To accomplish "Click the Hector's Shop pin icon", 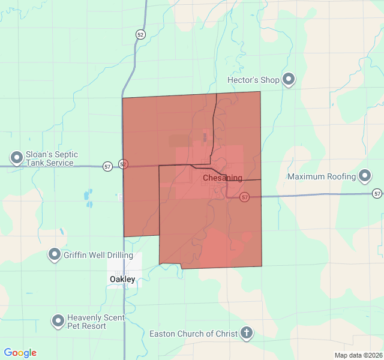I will [289, 79].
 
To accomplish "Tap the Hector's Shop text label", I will [254, 80].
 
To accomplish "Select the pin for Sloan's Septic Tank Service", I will [17, 158].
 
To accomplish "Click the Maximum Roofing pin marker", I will [365, 176].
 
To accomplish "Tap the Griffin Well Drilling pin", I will [55, 255].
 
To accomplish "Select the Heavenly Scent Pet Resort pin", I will [58, 321].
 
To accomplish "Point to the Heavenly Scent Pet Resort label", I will [95, 322].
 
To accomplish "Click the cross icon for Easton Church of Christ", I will [246, 334].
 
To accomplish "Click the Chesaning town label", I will [223, 178].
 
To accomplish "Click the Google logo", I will [20, 353].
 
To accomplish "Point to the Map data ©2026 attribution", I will [358, 355].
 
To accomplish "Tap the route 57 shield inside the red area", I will [245, 197].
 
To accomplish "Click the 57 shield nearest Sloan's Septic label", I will [107, 166].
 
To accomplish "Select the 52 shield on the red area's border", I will [123, 163].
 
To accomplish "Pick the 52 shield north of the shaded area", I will [140, 34].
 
